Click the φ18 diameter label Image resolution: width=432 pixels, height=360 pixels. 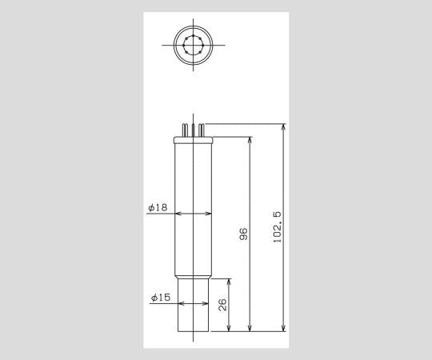pos(158,207)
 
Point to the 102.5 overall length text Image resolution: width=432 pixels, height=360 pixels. pos(278,229)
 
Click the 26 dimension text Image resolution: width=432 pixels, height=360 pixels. pos(223,305)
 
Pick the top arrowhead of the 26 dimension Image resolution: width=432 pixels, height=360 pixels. pos(230,282)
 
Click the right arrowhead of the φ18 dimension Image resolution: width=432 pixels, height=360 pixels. pos(210,214)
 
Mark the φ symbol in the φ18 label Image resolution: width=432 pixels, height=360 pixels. pos(150,207)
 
